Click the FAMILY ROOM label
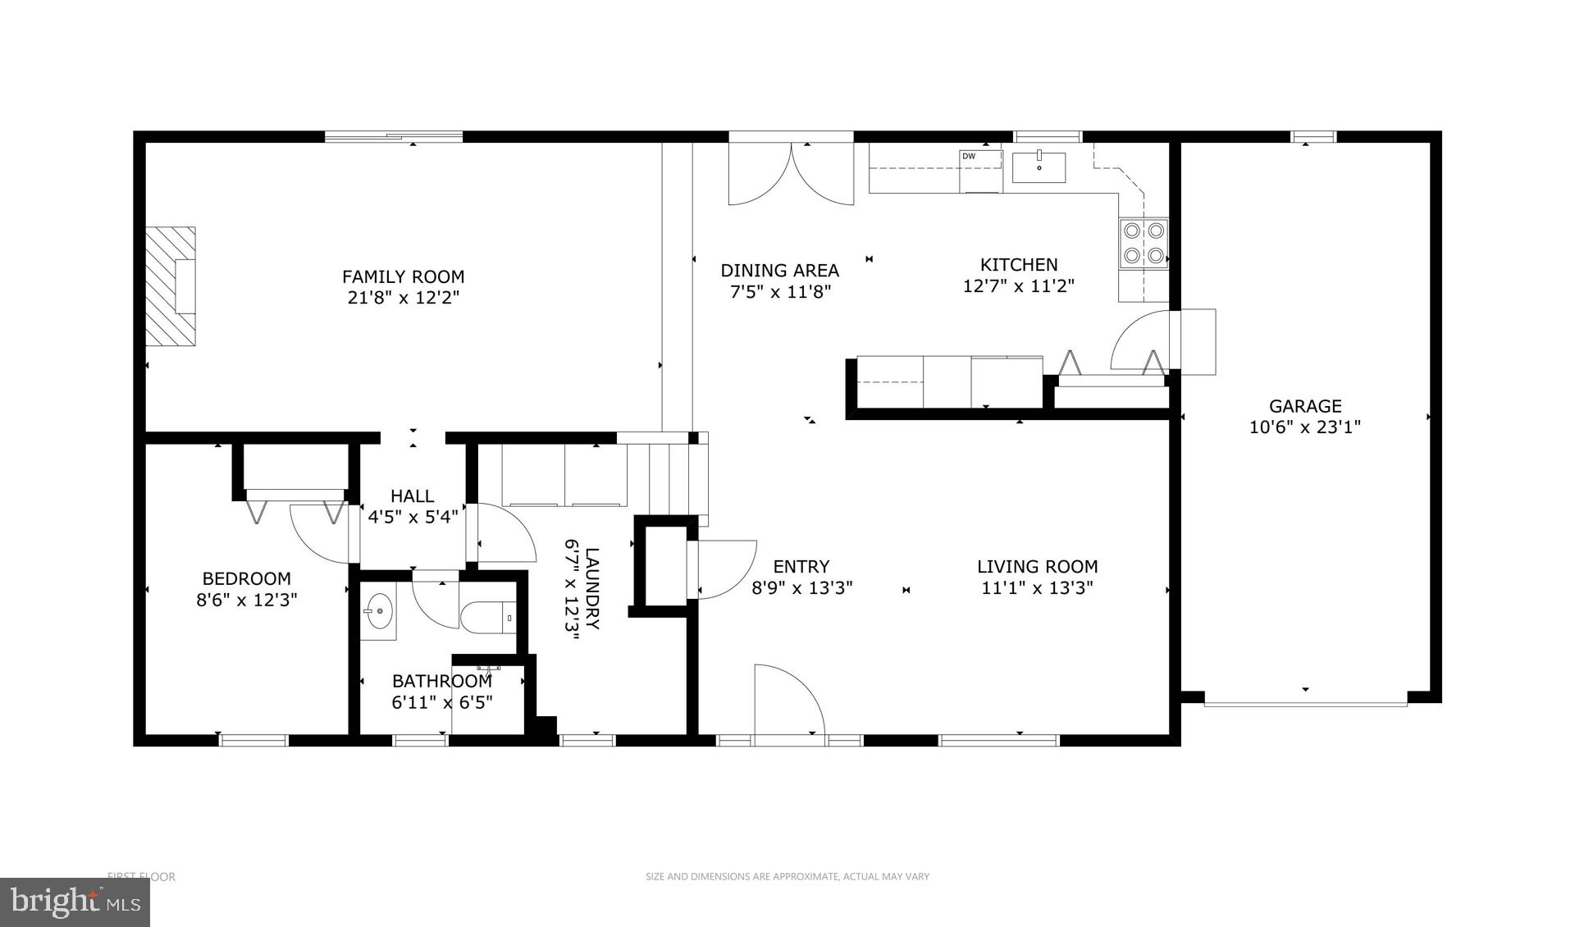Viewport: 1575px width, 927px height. point(403,276)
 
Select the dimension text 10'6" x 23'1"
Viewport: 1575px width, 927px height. point(1304,427)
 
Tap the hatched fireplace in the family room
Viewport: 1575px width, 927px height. point(171,286)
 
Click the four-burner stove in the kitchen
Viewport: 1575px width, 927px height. point(1144,244)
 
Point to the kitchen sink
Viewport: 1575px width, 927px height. point(1039,167)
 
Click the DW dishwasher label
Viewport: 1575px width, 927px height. point(969,156)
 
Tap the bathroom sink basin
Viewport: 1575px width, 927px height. point(378,610)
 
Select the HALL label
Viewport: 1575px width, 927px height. point(412,495)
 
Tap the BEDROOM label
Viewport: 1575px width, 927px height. point(246,578)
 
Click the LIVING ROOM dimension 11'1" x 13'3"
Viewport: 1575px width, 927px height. point(1037,588)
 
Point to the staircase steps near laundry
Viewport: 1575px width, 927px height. point(671,477)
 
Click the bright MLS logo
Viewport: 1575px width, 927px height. point(74,902)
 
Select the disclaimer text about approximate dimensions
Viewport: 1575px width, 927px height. point(787,876)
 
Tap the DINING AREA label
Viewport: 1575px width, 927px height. point(779,270)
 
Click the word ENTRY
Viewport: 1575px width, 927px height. point(801,566)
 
